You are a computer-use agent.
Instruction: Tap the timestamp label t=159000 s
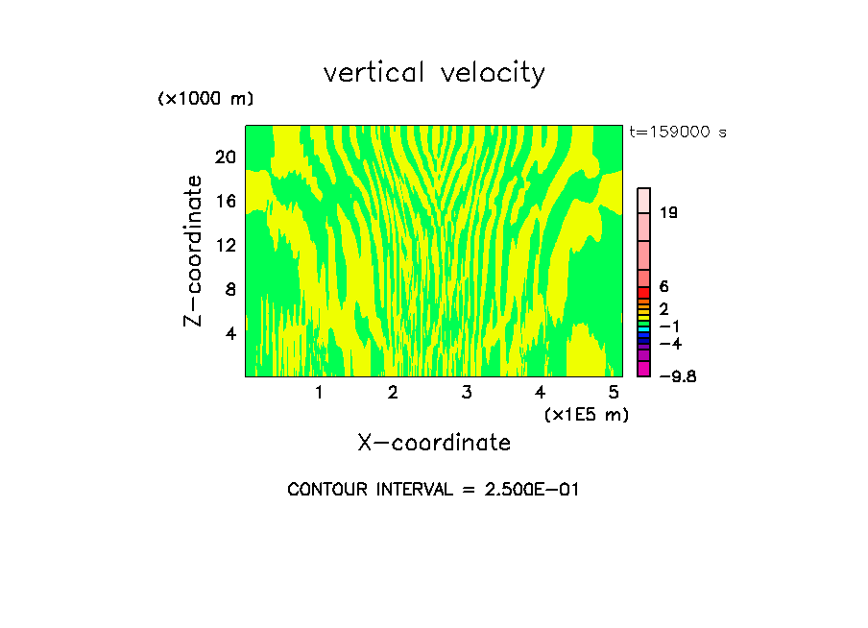[x=677, y=133]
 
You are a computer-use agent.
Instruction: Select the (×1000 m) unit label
[x=205, y=100]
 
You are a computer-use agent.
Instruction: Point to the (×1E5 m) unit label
[x=587, y=414]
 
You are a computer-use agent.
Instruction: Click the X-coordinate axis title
[x=434, y=443]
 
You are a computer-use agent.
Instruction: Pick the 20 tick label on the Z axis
[x=225, y=157]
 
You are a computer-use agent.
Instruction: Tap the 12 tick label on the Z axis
[x=225, y=245]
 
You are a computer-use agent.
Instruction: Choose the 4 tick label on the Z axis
[x=230, y=333]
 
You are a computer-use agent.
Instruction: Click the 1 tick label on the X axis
[x=319, y=392]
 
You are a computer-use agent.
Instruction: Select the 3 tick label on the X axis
[x=467, y=392]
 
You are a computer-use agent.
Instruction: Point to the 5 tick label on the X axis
[x=614, y=392]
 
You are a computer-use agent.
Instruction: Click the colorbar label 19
[x=668, y=212]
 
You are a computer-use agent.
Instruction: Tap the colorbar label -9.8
[x=677, y=376]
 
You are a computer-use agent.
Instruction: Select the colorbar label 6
[x=663, y=287]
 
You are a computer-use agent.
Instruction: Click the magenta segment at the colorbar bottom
[x=644, y=369]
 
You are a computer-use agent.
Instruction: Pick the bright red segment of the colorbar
[x=644, y=292]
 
